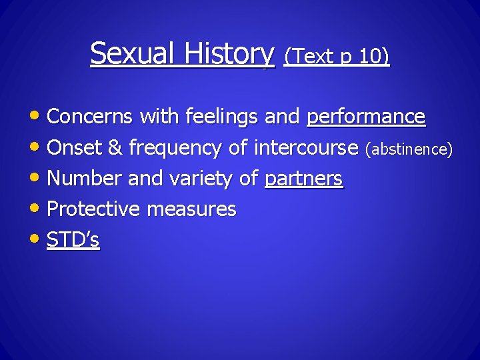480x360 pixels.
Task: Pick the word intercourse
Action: (x=306, y=148)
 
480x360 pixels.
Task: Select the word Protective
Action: (x=93, y=209)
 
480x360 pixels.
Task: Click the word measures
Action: (x=191, y=209)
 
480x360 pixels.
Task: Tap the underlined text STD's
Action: (x=73, y=240)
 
